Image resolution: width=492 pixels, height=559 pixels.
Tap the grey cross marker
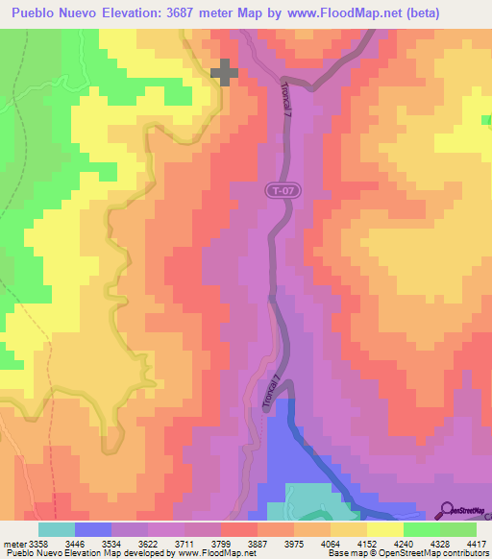pos(224,72)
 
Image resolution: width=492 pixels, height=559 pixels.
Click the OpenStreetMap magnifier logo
pos(447,510)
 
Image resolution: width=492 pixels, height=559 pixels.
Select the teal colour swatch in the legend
pos(57,529)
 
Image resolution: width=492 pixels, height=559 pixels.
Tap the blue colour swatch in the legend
pos(93,529)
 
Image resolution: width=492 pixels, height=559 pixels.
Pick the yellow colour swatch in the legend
pos(384,529)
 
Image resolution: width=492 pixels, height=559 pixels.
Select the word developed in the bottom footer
pos(131,554)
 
